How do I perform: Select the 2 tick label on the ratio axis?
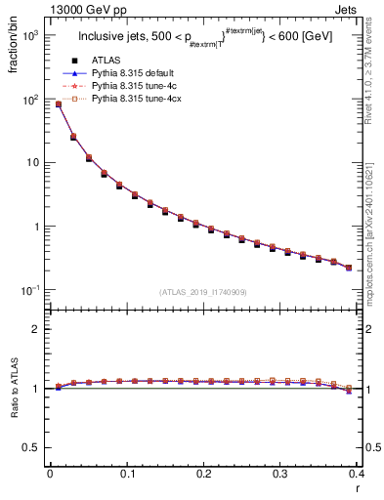(x=37, y=329)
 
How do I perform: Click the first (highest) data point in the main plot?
(x=59, y=104)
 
